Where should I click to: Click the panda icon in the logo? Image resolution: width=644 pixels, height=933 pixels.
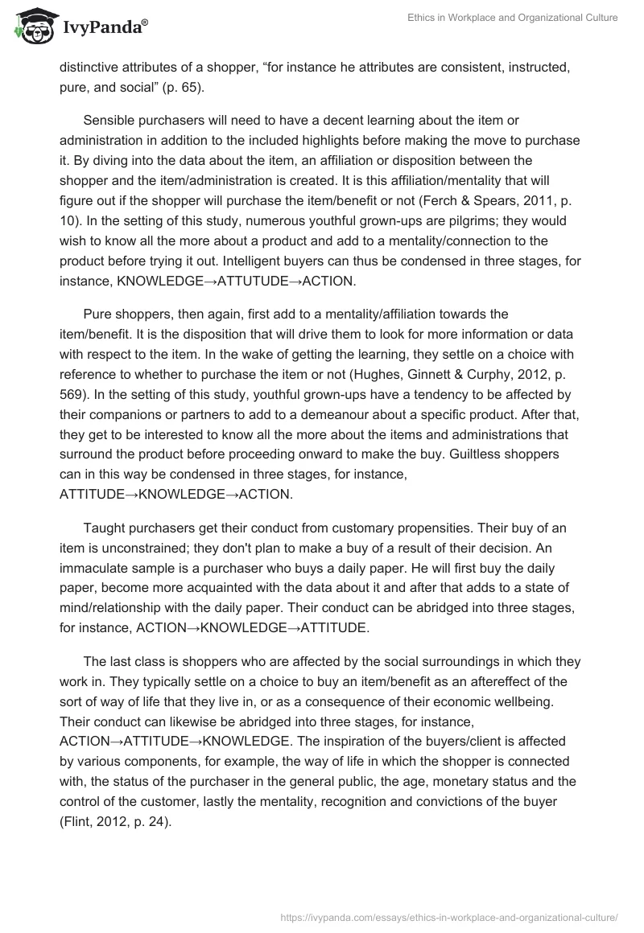click(x=31, y=27)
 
